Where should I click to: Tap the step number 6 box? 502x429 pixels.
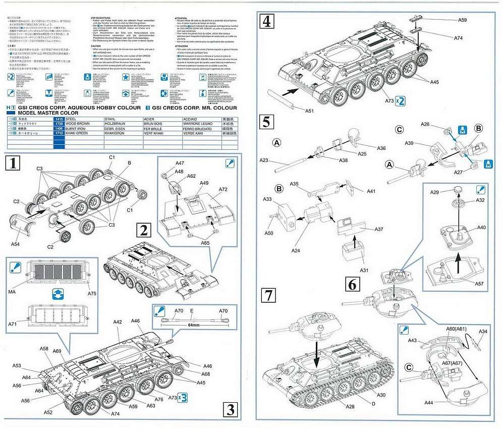[x=352, y=283]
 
